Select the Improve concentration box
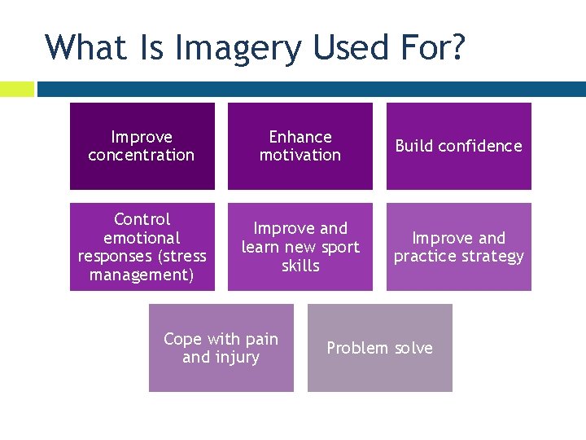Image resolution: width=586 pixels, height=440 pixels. point(142,146)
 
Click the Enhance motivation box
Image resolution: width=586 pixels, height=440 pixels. point(300,146)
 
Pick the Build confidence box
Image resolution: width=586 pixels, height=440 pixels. point(458,146)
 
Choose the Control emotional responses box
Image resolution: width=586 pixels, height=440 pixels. point(142,247)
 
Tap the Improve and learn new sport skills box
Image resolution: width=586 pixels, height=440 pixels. point(300,247)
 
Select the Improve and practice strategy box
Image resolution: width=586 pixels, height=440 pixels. point(458,247)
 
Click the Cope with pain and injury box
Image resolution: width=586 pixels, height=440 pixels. point(221,348)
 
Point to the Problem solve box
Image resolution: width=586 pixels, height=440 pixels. point(379,348)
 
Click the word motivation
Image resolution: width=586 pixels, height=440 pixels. point(300,155)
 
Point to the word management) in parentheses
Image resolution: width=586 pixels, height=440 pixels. point(142,275)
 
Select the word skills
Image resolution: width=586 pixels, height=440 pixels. point(300,266)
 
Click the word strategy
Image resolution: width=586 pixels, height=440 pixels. point(492,257)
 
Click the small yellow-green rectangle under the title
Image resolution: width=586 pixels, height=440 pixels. point(16,89)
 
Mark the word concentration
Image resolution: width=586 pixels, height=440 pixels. point(142,155)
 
